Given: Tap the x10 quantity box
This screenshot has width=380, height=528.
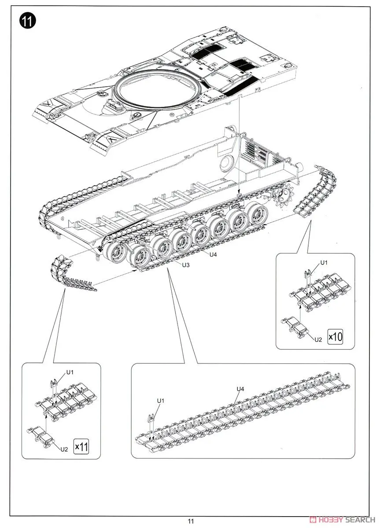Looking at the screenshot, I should [x=335, y=337].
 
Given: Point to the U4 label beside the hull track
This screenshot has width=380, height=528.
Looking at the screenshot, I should [x=213, y=254].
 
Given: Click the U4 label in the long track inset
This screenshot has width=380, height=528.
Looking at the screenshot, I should [x=240, y=389].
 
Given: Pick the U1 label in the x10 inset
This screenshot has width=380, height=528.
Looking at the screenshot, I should [x=324, y=263].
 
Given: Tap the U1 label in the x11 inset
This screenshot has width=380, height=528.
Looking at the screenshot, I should [x=70, y=372].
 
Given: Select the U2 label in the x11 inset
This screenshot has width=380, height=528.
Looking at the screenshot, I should [x=64, y=449].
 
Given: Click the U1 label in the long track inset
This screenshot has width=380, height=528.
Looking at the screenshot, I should [x=161, y=400].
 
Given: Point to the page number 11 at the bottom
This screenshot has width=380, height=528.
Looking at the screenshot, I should [x=190, y=521].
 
